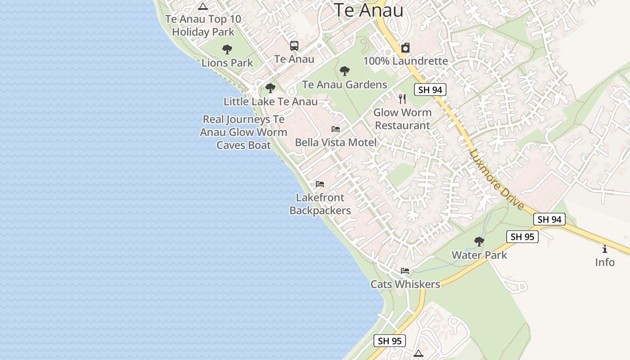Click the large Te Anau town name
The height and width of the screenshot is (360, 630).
[x=368, y=10]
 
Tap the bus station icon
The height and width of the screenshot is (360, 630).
[x=294, y=45]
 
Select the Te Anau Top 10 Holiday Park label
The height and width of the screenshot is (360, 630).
[x=203, y=25]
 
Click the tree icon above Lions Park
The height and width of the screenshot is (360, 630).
[x=227, y=49]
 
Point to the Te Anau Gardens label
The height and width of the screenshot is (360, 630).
[x=345, y=85]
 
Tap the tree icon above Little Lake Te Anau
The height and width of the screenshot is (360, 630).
[x=270, y=88]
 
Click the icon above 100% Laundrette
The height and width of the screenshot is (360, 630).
[x=405, y=48]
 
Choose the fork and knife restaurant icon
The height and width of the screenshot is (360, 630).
[x=402, y=99]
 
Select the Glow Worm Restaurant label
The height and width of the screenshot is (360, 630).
[x=402, y=119]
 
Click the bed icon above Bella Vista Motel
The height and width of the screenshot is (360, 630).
[x=336, y=129]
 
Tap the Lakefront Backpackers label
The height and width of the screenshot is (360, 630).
[x=320, y=204]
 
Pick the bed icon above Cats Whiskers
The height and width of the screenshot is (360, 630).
[x=405, y=271]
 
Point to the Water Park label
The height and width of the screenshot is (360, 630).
[x=479, y=255]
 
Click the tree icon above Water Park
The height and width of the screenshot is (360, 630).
[x=479, y=242]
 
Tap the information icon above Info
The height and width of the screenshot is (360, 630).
[x=604, y=249]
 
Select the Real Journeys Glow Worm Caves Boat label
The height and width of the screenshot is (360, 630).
[x=243, y=132]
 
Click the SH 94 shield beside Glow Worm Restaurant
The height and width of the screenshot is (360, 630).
[x=430, y=90]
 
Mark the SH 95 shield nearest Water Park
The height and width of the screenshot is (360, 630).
[x=522, y=237]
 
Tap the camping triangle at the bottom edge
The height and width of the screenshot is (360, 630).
[x=418, y=353]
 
